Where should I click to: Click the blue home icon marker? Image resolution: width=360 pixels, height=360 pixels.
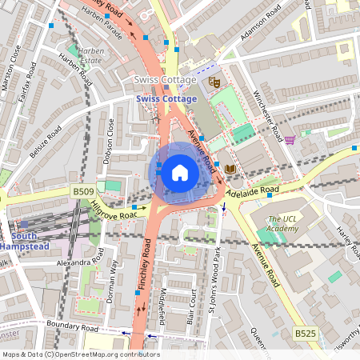click(180, 172)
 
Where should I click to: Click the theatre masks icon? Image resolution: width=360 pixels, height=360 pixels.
click(214, 82)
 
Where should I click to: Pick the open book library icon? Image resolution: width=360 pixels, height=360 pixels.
click(230, 169)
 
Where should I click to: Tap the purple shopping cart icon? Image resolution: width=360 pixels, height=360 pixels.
click(290, 140)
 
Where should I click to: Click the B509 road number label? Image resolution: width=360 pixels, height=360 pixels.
click(83, 192)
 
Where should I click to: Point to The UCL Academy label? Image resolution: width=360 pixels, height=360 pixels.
click(284, 225)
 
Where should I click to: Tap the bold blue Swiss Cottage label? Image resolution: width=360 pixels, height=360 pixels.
click(166, 98)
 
